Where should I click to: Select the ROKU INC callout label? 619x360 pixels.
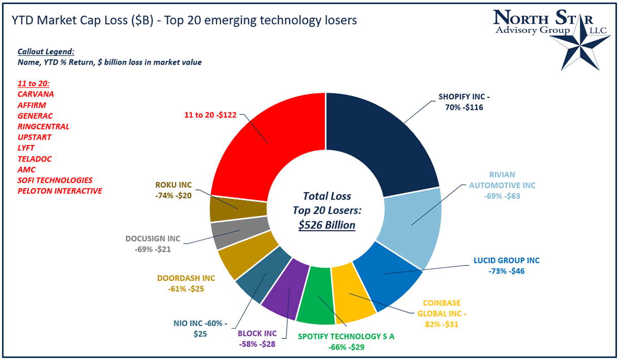pos(173,191)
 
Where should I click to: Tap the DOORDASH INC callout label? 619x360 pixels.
pos(186,283)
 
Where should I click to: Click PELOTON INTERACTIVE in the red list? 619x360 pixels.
pos(60,191)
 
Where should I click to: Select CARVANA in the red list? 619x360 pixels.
pos(36,94)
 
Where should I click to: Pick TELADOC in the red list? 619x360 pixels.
pos(35,159)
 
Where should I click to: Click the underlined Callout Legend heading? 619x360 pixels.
pos(45,52)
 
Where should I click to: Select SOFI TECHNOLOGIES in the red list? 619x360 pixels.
pos(55,180)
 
